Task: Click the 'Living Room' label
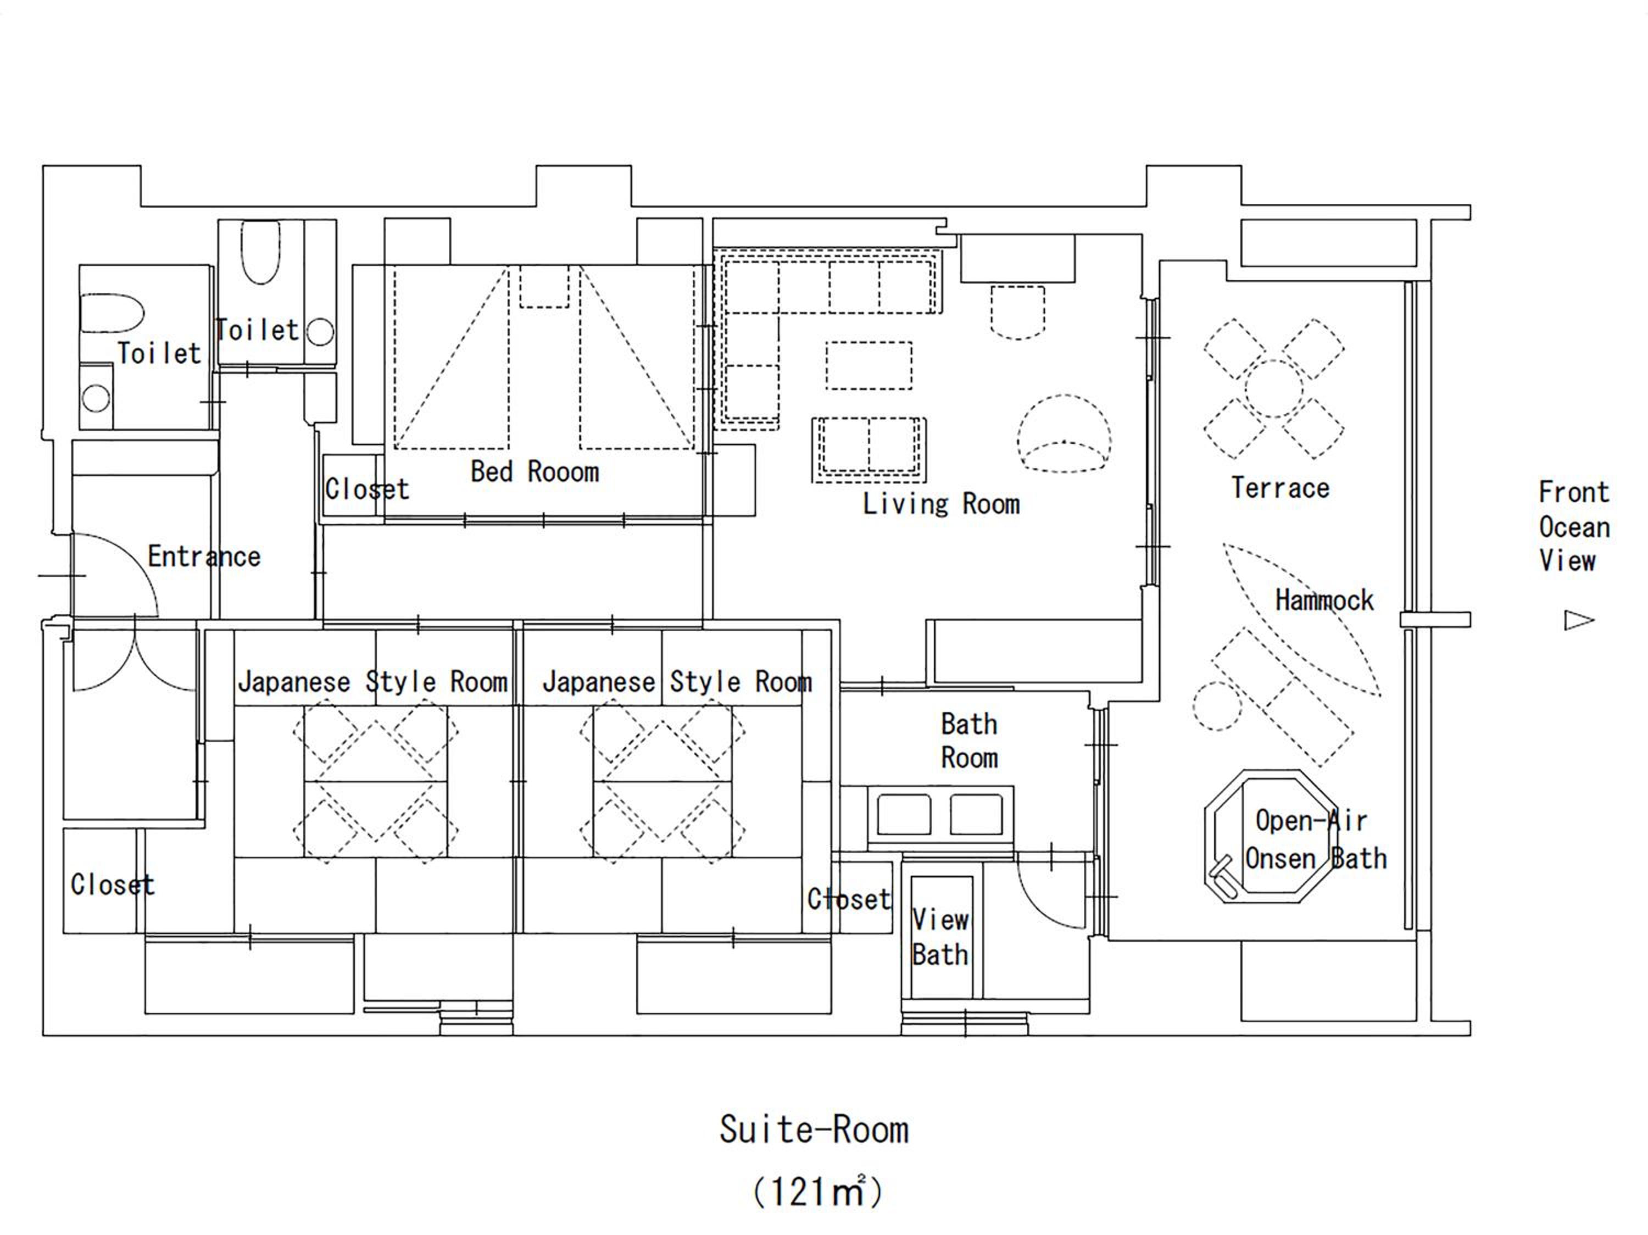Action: [x=941, y=504]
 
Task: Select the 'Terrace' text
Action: [x=1280, y=488]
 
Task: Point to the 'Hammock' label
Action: [x=1324, y=600]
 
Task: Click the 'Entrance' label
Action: [x=204, y=557]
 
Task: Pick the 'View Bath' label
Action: [x=940, y=937]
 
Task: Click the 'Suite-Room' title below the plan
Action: [x=814, y=1130]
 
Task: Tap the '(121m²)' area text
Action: [x=817, y=1192]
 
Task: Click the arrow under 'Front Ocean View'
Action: [x=1579, y=620]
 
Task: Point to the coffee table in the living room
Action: [x=868, y=365]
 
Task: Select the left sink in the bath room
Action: [x=904, y=814]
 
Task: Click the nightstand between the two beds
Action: [x=544, y=286]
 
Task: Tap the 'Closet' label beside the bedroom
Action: [x=366, y=489]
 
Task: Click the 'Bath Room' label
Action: [x=968, y=741]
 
